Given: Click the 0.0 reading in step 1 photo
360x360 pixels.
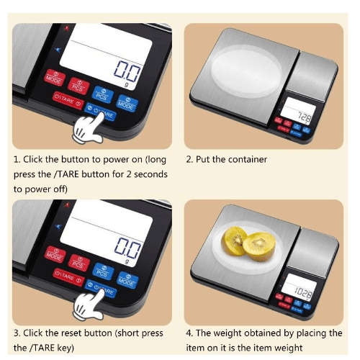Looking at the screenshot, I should (127, 71).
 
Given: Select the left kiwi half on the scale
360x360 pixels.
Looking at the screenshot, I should (234, 240).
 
